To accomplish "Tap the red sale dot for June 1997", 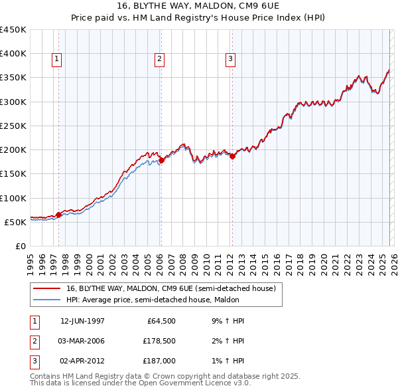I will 58,215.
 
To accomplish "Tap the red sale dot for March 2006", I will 161,159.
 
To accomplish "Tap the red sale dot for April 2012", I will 232,155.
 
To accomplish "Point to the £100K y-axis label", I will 13,198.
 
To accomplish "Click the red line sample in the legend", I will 47,288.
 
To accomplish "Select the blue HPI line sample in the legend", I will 47,300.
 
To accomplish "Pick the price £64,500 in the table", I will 160,320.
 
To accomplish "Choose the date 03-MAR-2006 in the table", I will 82,341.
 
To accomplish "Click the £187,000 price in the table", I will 159,361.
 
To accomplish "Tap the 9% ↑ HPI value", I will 228,320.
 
